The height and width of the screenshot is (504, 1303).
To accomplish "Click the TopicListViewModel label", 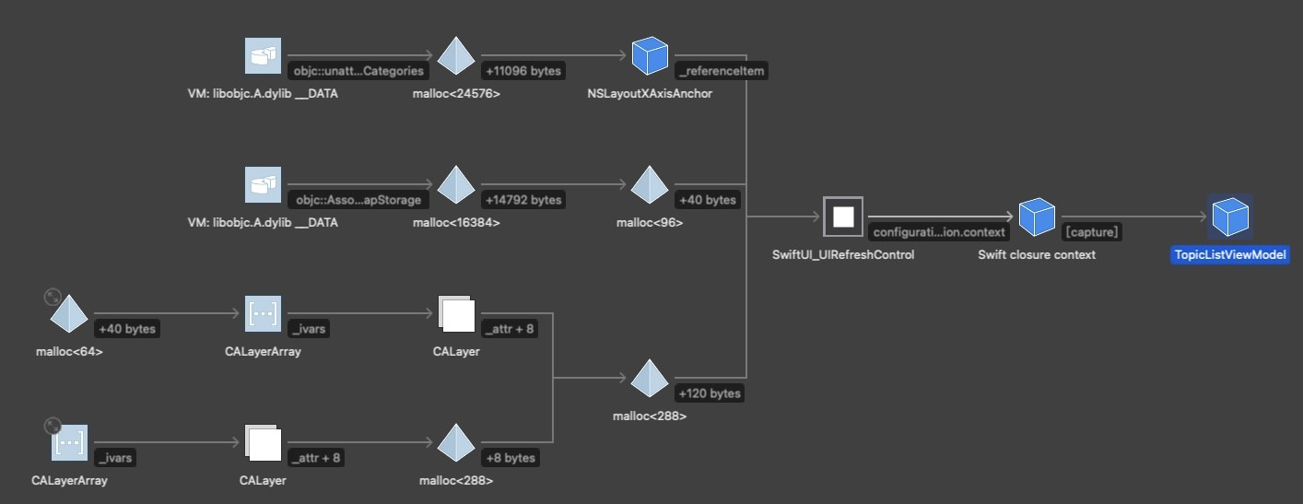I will click(1229, 255).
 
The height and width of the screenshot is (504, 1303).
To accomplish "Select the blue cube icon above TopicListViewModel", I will click(1229, 217).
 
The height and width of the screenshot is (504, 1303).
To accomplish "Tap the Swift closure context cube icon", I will click(1037, 217).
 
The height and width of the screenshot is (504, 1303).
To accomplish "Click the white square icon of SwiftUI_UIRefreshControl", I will click(843, 217).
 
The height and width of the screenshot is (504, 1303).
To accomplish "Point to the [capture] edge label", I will click(1092, 232).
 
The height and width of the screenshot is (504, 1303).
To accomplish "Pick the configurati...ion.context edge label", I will click(938, 232).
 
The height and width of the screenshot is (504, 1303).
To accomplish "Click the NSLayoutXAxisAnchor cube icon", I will click(650, 56).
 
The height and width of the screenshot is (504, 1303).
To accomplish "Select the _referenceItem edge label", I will click(721, 71).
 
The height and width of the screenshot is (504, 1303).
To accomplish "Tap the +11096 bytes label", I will click(522, 71).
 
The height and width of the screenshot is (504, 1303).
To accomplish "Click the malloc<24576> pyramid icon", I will click(456, 56).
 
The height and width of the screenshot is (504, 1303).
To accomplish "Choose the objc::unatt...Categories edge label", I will click(358, 71).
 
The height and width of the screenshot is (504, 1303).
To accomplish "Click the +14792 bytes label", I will click(522, 200).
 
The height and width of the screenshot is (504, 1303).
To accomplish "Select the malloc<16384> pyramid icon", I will click(456, 185).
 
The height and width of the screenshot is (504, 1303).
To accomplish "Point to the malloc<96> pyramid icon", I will click(650, 185).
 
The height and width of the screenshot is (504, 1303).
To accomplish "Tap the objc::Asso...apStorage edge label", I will click(358, 200).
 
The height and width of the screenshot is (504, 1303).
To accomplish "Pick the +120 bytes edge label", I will click(709, 393).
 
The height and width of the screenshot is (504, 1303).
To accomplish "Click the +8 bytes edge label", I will click(510, 458).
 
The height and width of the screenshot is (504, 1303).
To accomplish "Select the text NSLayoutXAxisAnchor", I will click(649, 93).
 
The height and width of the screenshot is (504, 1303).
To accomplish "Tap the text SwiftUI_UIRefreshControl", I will click(843, 255).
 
